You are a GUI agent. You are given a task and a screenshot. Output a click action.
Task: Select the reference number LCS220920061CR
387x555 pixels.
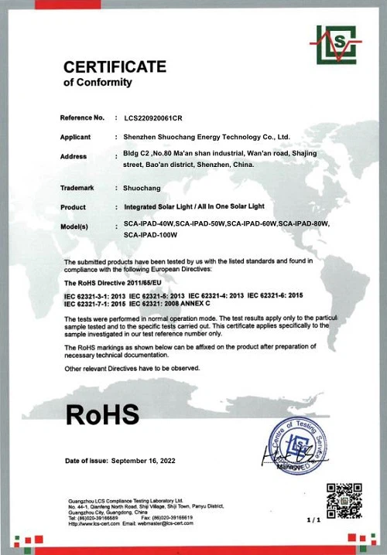tap(159, 118)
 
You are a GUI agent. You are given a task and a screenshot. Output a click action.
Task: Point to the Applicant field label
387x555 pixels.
tap(79, 138)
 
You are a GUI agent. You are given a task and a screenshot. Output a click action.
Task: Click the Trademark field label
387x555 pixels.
tap(81, 188)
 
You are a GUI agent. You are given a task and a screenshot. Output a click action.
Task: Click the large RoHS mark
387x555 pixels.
tap(102, 414)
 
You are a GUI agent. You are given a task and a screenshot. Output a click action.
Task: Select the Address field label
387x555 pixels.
tap(77, 157)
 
